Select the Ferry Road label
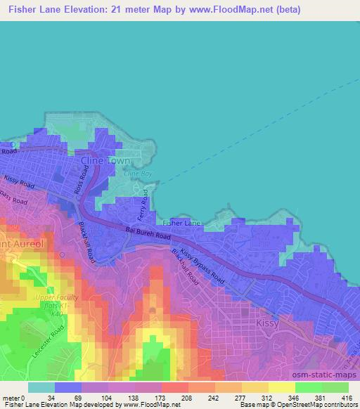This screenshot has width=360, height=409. click(145, 203)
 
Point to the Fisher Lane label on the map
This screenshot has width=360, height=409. click(181, 223)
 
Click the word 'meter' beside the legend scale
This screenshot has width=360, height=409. click(9, 397)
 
